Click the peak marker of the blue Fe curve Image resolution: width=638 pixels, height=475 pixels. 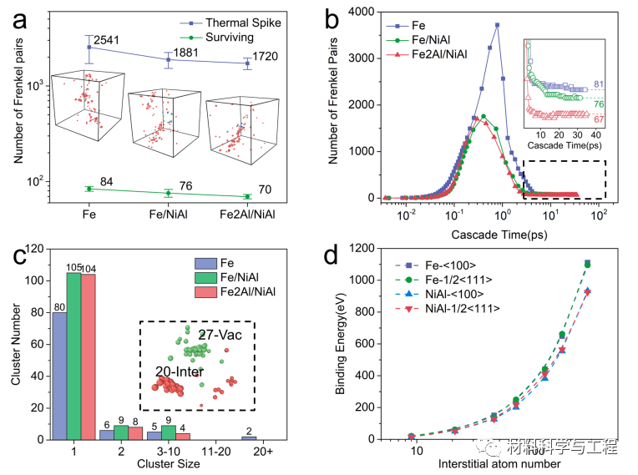click(x=497, y=25)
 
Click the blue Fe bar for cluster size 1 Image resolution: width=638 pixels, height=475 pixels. click(x=59, y=376)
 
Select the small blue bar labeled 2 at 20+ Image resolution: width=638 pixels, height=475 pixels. click(x=248, y=437)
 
